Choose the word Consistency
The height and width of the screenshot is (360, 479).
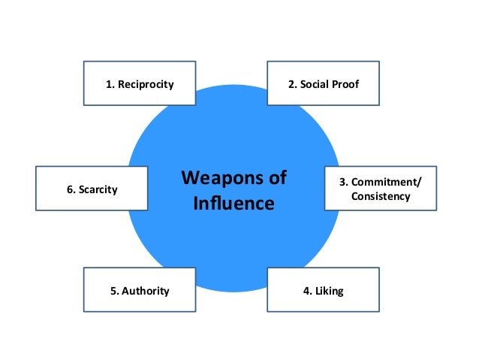[381, 196]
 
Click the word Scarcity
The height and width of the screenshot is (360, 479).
[97, 189]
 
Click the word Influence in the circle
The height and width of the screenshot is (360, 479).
[233, 203]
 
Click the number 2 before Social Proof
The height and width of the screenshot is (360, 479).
[292, 83]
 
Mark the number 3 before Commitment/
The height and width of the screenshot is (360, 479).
[344, 182]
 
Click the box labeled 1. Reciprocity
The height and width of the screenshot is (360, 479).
[139, 83]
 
